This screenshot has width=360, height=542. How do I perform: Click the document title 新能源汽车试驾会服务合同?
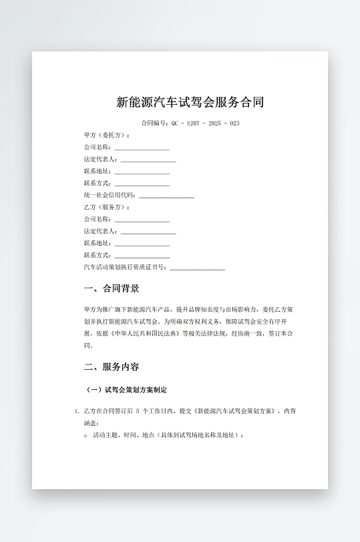[x=190, y=102]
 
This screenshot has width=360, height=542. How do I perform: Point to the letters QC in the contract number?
[x=175, y=123]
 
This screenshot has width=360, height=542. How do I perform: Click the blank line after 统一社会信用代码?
[x=166, y=196]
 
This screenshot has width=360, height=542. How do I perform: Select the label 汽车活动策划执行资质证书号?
[x=126, y=267]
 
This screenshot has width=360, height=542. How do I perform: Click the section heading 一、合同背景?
[x=112, y=288]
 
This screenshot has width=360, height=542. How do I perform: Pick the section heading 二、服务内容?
[x=112, y=366]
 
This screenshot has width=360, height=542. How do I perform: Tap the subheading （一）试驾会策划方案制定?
[x=127, y=389]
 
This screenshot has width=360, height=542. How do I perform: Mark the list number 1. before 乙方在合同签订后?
[x=77, y=411]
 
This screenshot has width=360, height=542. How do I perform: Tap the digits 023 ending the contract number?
[x=234, y=123]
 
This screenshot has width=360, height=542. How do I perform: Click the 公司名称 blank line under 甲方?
[x=142, y=148]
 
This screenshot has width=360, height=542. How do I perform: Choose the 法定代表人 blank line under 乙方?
[x=148, y=232]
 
